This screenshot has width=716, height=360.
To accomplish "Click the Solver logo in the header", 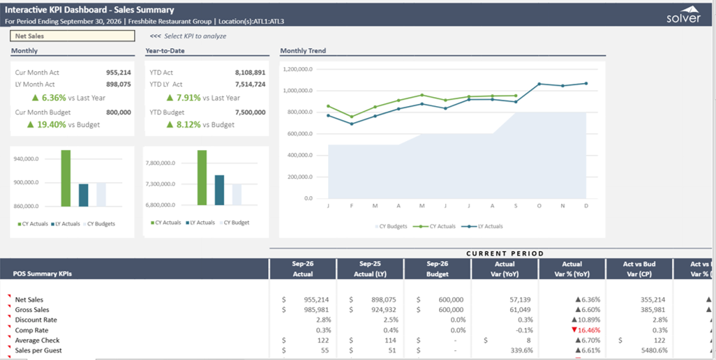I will tap(683, 15).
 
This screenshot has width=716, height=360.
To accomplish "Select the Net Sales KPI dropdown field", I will tap(72, 36).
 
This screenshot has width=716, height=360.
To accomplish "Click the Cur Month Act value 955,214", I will tap(118, 73).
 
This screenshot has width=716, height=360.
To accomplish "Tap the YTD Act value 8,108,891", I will tap(250, 73).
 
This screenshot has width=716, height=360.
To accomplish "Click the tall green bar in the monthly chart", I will tap(66, 178).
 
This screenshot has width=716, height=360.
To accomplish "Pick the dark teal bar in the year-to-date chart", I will tap(220, 190).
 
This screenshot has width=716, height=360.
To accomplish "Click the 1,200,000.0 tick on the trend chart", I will tap(297, 69).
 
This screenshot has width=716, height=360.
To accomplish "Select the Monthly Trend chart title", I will tap(303, 51).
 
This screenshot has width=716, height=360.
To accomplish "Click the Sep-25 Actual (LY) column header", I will tap(370, 269).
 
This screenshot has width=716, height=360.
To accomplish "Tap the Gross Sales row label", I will tap(32, 310).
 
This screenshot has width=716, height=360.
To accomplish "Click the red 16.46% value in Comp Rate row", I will tap(586, 330).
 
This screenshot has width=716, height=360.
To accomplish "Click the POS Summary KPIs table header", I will tap(42, 274).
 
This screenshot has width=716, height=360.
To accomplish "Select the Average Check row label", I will tap(37, 340).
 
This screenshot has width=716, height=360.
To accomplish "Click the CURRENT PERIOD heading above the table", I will tap(505, 253).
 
